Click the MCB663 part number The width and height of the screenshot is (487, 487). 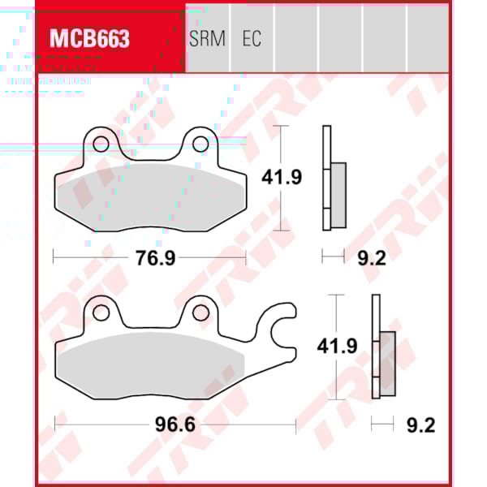pos(89,39)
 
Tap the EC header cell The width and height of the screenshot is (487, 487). pos(252,39)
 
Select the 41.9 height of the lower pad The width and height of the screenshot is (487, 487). pos(335,346)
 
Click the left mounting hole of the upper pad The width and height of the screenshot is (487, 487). pos(101,144)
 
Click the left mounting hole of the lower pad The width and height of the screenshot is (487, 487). pos(101,312)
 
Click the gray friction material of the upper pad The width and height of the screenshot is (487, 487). pos(149,200)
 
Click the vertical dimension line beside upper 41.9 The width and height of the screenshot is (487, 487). pos(281,138)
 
